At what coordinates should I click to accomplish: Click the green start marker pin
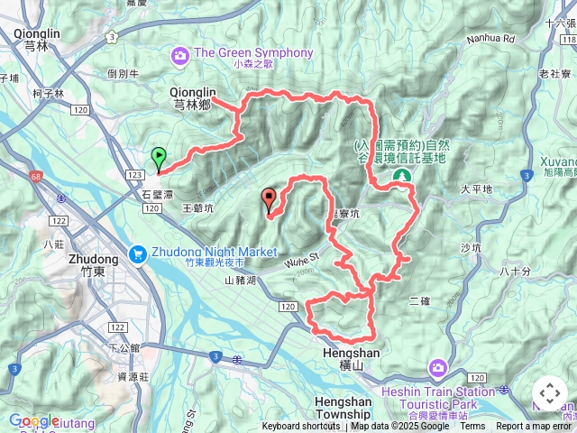(159, 159)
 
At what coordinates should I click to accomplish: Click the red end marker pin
(268, 199)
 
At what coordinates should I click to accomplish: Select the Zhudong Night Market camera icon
(138, 253)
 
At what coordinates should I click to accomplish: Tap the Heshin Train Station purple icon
(437, 367)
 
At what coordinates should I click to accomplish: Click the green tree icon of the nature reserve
(402, 174)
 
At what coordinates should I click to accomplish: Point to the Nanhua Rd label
(490, 39)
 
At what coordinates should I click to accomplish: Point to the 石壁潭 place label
(157, 193)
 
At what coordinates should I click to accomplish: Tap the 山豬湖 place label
(241, 281)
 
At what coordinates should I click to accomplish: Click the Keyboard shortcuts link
(301, 427)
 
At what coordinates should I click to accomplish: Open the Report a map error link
(535, 427)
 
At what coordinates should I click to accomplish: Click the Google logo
(33, 420)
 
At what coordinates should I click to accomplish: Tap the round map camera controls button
(549, 394)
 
